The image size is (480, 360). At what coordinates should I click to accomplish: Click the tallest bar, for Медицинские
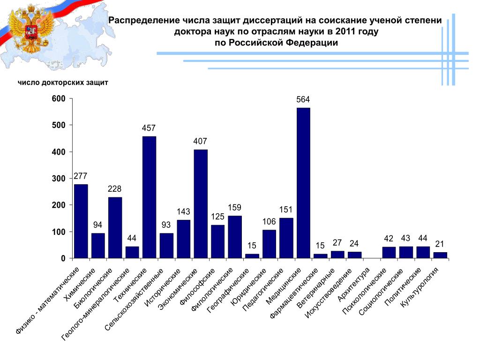303,183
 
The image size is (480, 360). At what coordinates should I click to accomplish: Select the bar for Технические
149,197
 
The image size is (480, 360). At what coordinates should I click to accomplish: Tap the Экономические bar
201,204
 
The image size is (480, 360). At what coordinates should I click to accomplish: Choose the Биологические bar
115,228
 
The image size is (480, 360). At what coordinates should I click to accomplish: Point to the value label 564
303,100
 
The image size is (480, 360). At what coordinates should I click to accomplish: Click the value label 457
149,128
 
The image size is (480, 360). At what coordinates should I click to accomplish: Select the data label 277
81,176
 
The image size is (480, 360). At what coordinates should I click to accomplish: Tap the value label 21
440,244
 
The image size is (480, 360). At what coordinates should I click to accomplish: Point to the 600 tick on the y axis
59,99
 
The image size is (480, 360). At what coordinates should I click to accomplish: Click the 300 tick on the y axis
59,179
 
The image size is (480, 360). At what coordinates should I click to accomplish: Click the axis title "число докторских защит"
63,83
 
